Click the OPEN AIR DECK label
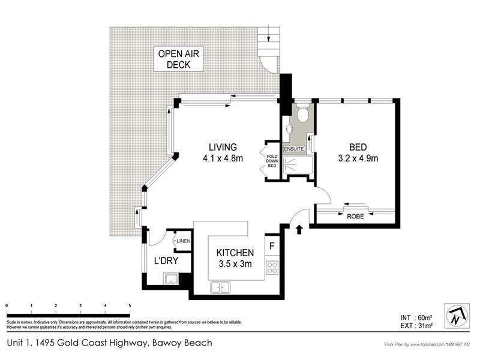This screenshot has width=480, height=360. click(x=178, y=59)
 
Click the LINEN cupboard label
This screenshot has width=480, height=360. click(x=183, y=241)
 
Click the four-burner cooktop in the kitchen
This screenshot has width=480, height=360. click(x=272, y=267)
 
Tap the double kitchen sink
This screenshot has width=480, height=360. click(x=220, y=288)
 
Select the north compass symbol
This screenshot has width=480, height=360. click(x=455, y=315)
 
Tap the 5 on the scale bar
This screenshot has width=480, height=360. click(x=130, y=306)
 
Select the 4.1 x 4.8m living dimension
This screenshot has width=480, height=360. click(x=223, y=159)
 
